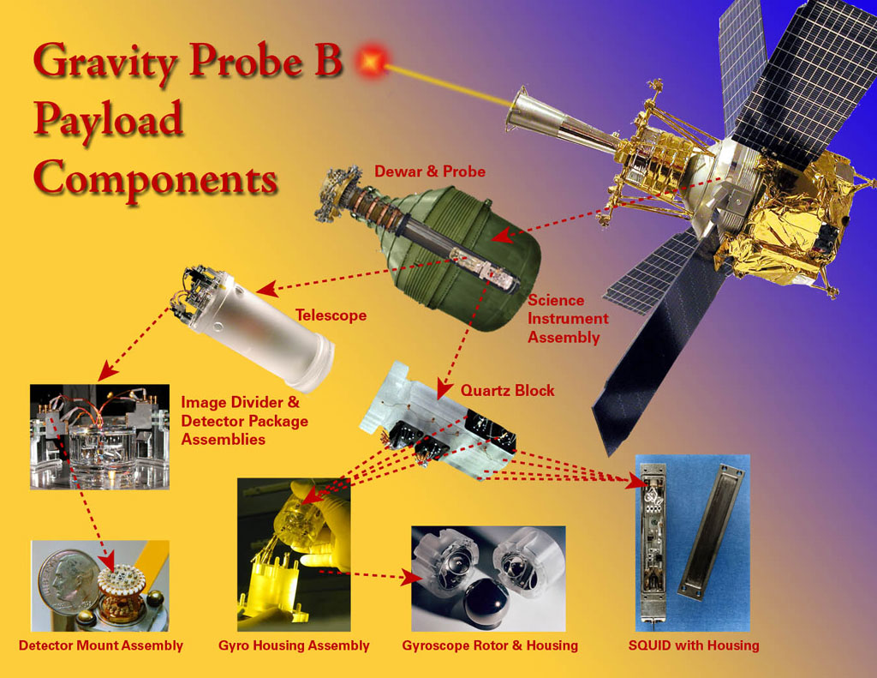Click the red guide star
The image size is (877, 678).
click(x=370, y=60)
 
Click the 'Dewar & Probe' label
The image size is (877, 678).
click(x=430, y=171)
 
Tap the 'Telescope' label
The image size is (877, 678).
click(x=331, y=315)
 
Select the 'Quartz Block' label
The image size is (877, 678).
click(x=507, y=390)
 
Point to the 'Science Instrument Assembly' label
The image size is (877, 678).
click(x=568, y=319)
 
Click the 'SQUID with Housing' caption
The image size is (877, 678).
click(x=694, y=645)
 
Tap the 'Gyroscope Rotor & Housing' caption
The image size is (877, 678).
click(x=490, y=645)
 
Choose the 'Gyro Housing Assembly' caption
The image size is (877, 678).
click(x=294, y=645)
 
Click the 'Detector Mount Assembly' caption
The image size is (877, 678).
click(x=101, y=645)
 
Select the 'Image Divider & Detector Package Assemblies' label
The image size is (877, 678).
click(x=244, y=421)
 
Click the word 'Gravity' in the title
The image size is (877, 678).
click(x=104, y=62)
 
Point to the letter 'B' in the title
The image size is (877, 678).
click(x=328, y=59)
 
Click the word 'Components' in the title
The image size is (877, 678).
click(x=156, y=178)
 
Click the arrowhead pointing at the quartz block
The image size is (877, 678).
click(x=444, y=388)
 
